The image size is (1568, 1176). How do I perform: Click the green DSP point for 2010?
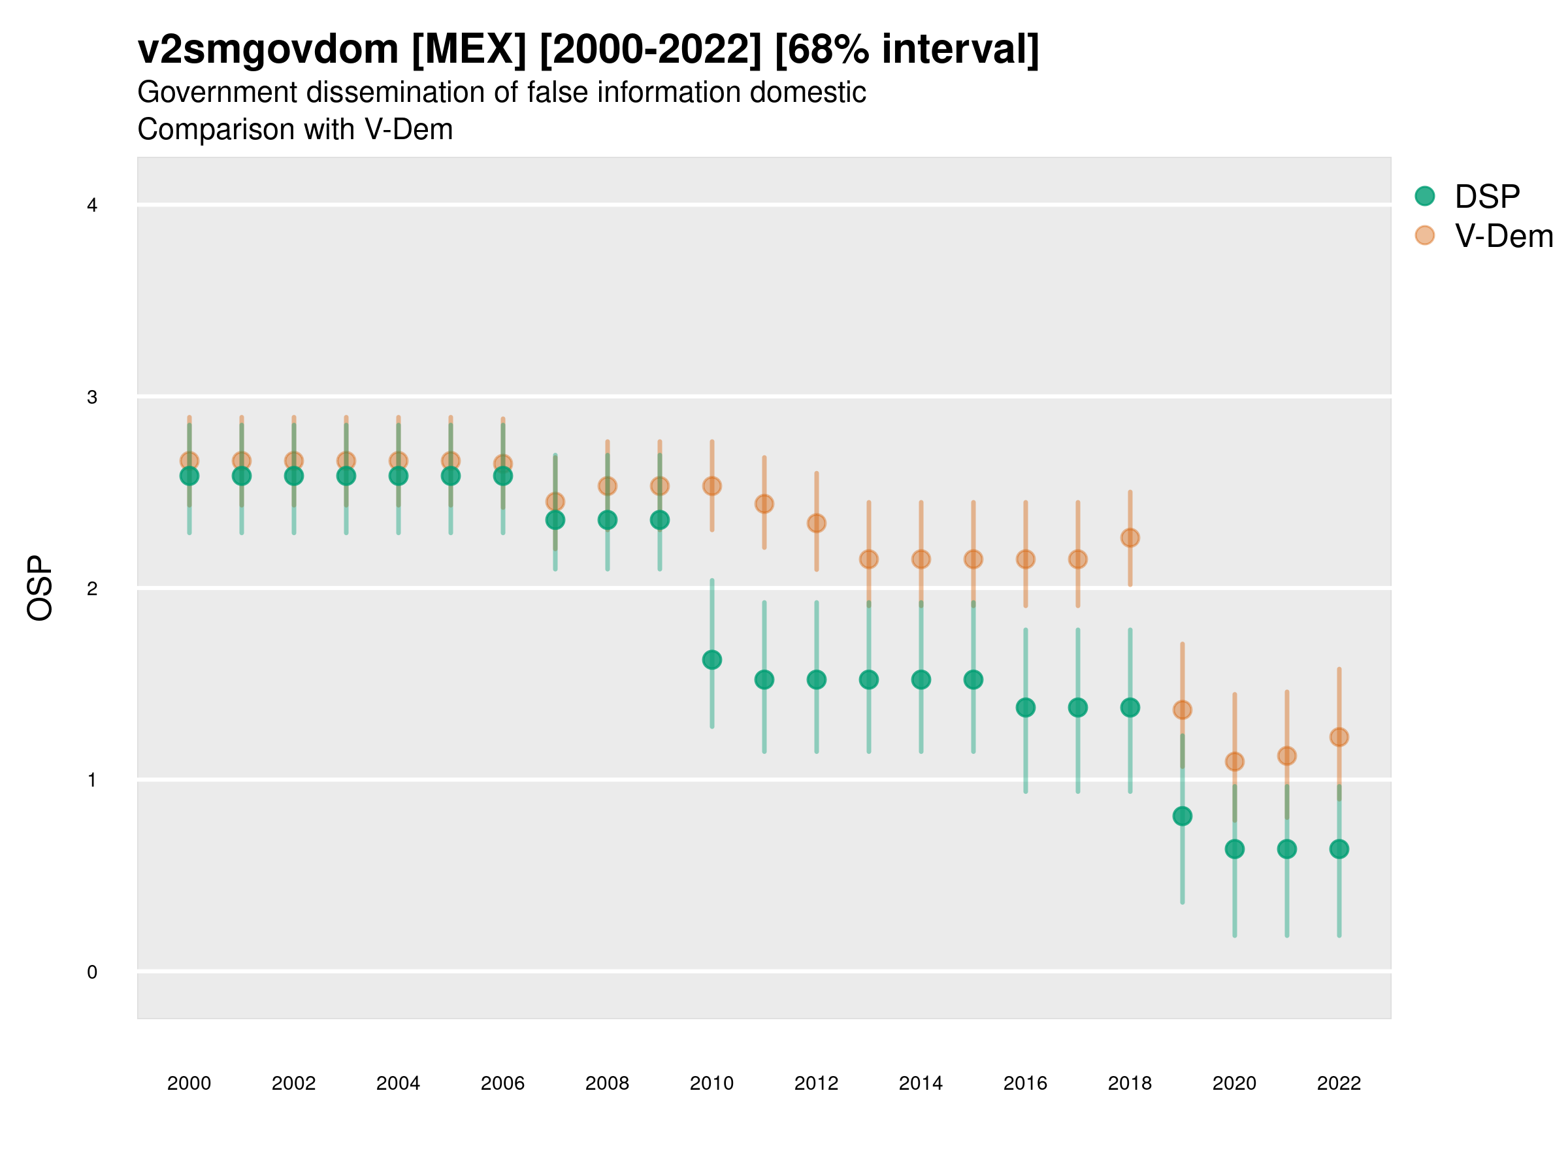pos(711,660)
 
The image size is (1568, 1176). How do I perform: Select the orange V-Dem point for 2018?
pos(1130,538)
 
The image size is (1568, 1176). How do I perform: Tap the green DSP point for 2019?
pos(1183,816)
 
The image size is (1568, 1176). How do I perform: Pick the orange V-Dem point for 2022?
pos(1339,737)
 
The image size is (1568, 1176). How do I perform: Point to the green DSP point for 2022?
pos(1339,849)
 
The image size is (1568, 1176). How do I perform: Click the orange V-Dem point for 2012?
pos(817,523)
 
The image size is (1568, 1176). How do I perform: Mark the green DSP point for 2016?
pos(1026,708)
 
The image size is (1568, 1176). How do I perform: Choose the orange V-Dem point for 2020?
pos(1235,761)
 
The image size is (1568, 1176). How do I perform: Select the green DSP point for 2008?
pos(608,519)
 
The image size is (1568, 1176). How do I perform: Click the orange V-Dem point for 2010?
pos(711,486)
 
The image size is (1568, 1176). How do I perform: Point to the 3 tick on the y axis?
pos(92,397)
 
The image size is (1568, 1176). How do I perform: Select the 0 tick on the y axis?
pos(92,972)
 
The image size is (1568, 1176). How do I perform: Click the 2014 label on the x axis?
pos(921,1083)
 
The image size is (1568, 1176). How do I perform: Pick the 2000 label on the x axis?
pos(189,1083)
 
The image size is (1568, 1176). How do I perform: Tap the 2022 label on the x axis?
pos(1339,1083)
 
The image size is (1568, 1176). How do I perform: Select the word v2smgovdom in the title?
pos(268,50)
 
